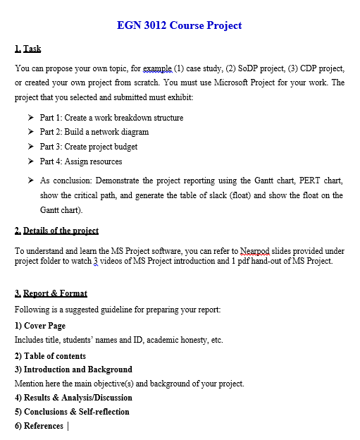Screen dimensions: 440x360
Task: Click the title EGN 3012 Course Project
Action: tap(180, 25)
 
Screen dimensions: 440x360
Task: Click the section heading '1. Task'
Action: tap(28, 49)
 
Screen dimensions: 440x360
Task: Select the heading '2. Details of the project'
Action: tap(56, 231)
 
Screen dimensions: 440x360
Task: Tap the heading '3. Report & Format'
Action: tap(51, 293)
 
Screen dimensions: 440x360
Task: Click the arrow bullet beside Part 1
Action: tap(31, 118)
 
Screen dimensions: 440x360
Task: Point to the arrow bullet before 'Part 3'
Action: tap(31, 147)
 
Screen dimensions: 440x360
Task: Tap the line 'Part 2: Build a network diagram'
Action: tap(94, 132)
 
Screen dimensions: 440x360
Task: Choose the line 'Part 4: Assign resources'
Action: tap(81, 161)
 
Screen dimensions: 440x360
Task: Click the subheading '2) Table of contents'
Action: tap(50, 355)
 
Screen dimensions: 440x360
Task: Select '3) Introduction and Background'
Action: tap(73, 369)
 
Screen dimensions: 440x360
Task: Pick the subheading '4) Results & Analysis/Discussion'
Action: tap(75, 398)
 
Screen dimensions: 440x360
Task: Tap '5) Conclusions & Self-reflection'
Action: tap(72, 412)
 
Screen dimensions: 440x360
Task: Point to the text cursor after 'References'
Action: tap(68, 426)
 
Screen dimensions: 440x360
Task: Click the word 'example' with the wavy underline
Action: tap(156, 68)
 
